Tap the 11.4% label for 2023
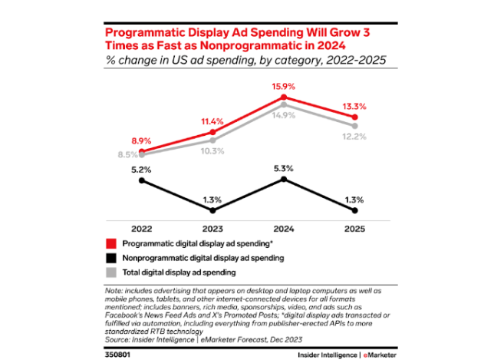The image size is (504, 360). pos(212,121)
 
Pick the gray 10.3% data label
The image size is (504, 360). pos(212,151)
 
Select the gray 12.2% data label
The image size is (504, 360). pos(355,137)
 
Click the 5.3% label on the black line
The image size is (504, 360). pos(284,167)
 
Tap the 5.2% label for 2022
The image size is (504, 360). pos(140,168)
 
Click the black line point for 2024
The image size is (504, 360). pos(284,179)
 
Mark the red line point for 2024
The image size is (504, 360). pos(284,97)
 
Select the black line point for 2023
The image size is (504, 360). pos(212,210)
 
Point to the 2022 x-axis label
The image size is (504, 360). pos(140,228)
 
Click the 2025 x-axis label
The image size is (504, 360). pos(355,228)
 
